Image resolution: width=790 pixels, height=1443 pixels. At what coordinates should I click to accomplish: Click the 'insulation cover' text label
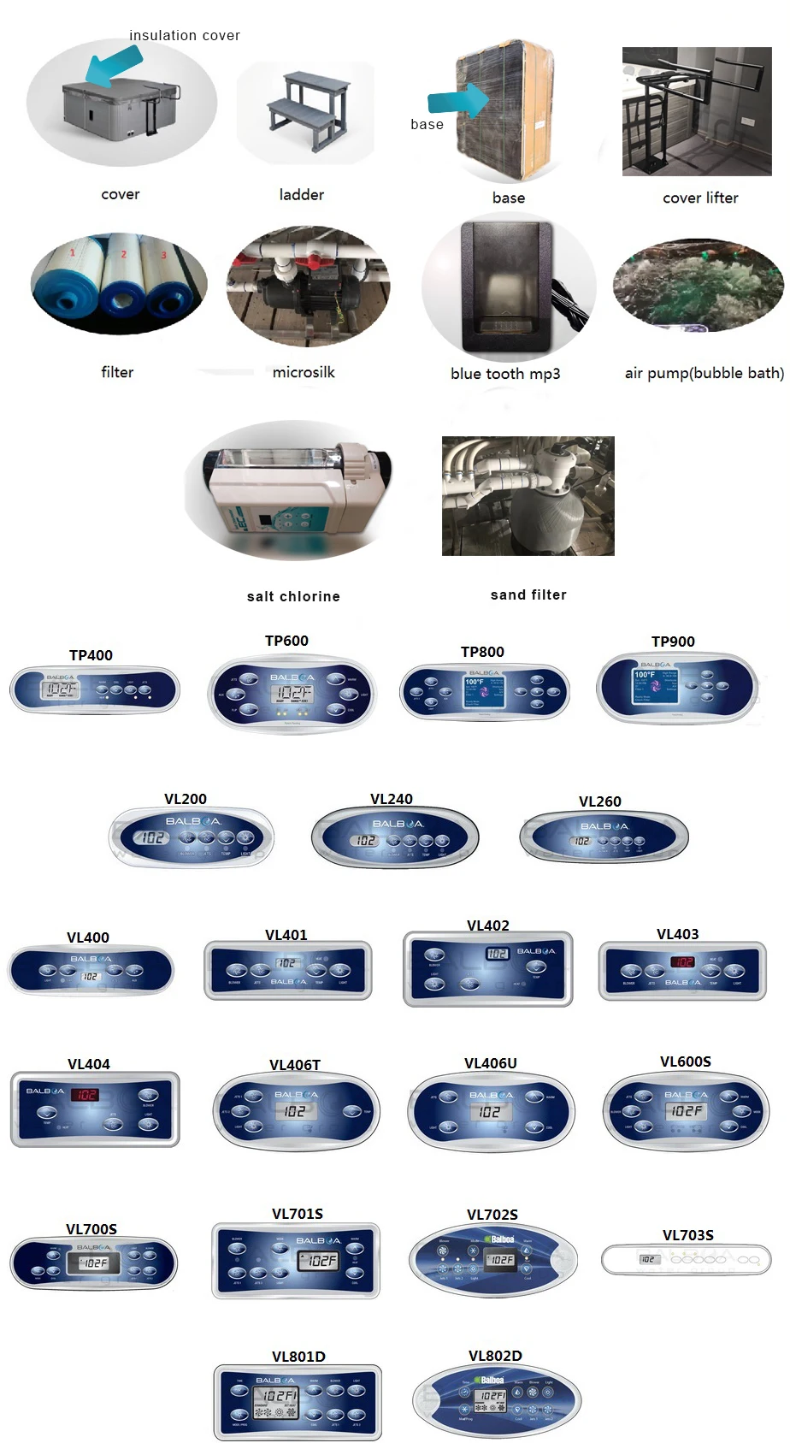[185, 36]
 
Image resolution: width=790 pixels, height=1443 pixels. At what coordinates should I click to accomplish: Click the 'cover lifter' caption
[700, 198]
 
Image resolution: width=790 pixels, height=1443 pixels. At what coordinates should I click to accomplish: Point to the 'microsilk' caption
[304, 372]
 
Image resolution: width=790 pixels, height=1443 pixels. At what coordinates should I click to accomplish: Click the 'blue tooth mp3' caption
[505, 374]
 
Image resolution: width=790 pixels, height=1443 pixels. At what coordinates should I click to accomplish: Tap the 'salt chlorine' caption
[293, 596]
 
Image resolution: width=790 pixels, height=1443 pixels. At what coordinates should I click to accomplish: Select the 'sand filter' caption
[528, 594]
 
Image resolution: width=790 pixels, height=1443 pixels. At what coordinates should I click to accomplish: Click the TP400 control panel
[95, 690]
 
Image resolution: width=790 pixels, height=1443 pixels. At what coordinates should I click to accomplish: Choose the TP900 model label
[673, 642]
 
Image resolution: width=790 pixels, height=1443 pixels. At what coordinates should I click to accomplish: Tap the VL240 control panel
[395, 839]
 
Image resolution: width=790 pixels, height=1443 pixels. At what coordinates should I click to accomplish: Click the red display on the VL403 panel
[683, 962]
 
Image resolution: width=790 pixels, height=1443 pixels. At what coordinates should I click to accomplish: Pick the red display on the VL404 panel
[85, 1095]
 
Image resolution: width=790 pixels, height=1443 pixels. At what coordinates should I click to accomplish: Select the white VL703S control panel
[687, 1259]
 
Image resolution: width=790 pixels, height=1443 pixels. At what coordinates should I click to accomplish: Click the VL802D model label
[495, 1356]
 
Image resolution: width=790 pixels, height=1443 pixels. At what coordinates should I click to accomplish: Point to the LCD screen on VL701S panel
[319, 1261]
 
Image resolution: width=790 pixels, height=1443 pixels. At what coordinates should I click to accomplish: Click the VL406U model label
[491, 1063]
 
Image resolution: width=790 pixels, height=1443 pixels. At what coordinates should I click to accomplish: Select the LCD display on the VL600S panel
[686, 1110]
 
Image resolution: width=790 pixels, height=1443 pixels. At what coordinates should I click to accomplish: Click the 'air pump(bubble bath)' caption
[704, 373]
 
